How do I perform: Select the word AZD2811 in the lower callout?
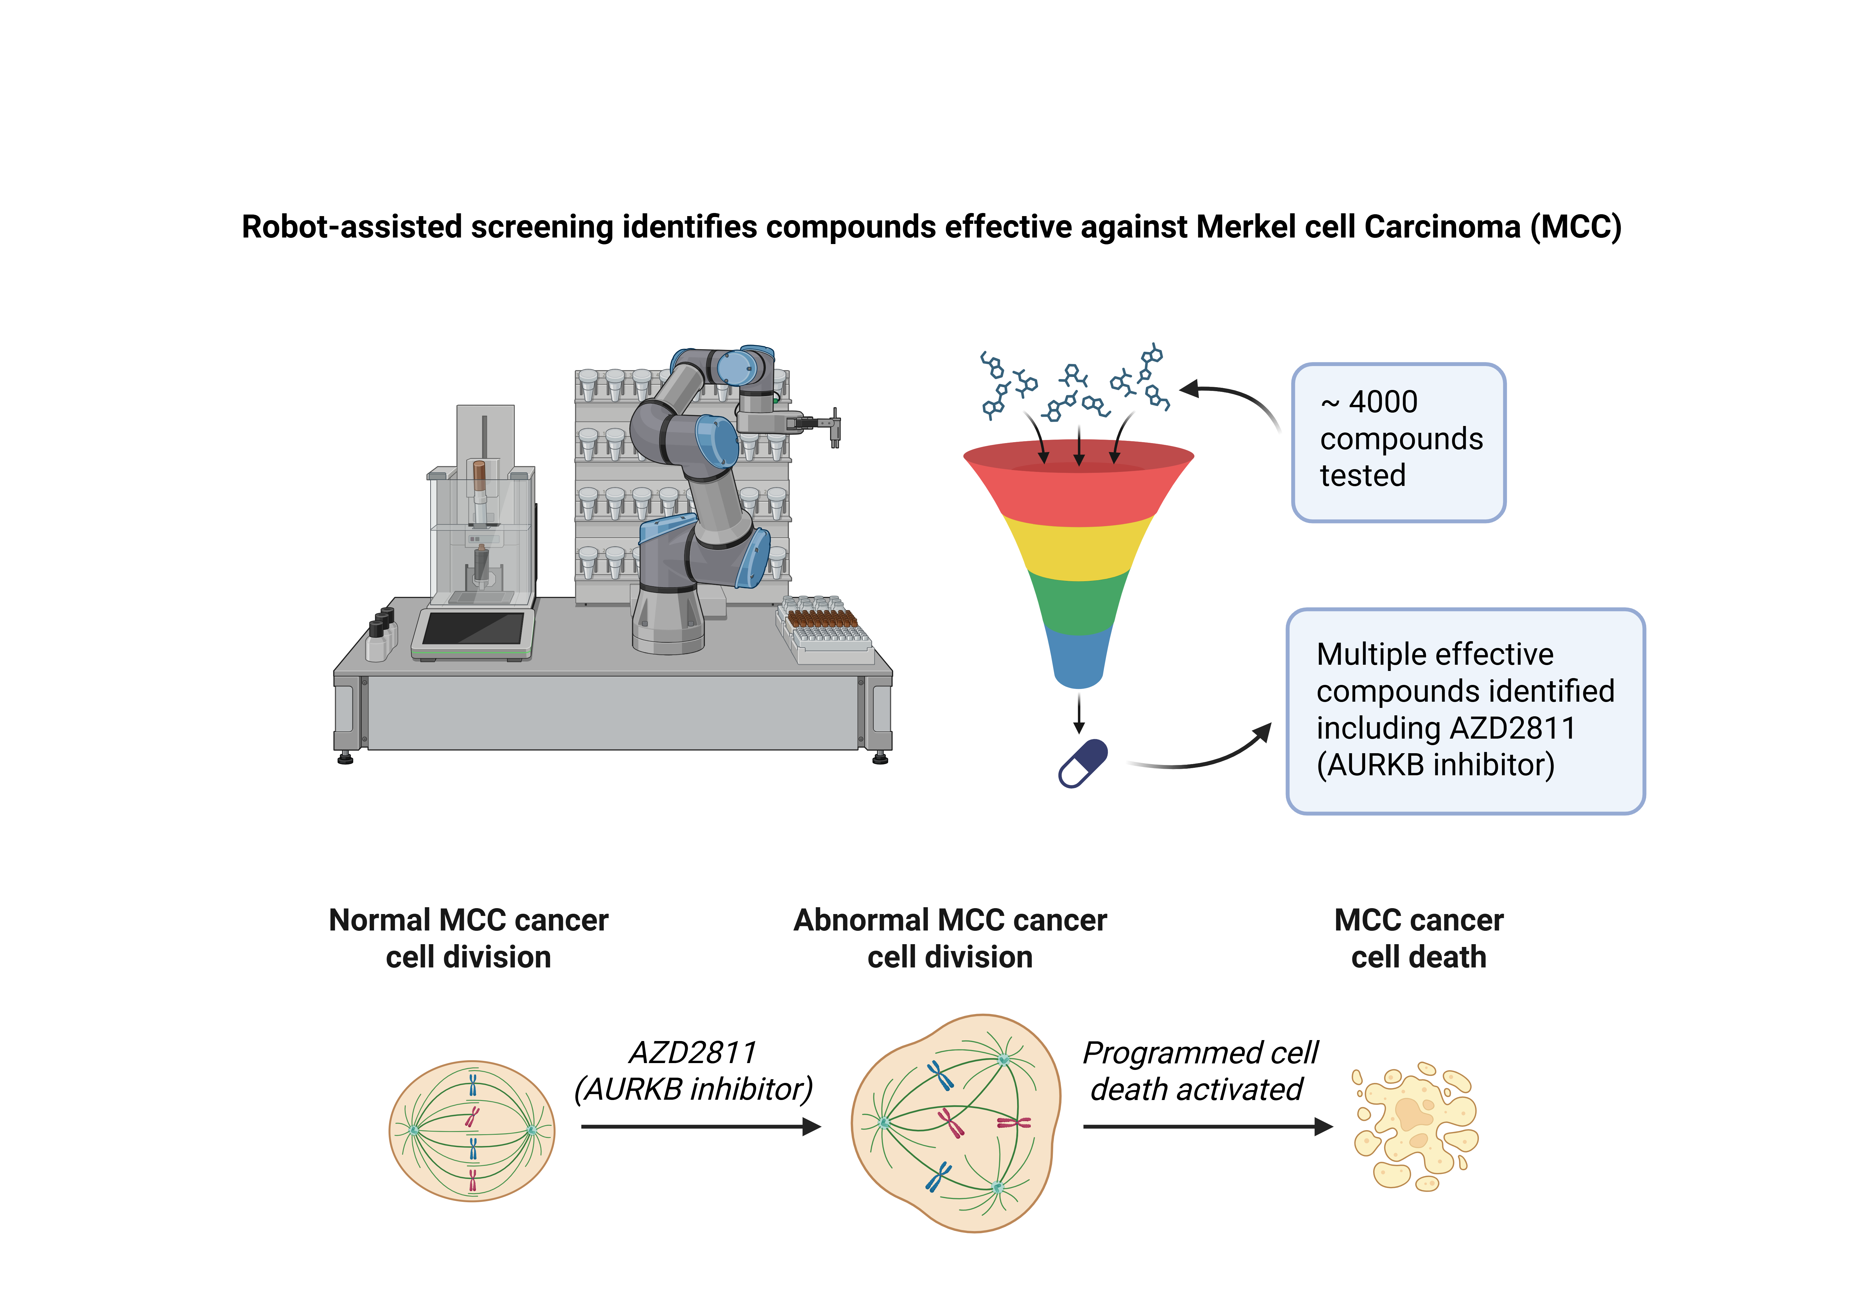1512,729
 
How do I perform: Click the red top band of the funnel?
1078,487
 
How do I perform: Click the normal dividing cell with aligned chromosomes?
472,1130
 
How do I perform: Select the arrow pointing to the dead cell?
1207,1126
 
